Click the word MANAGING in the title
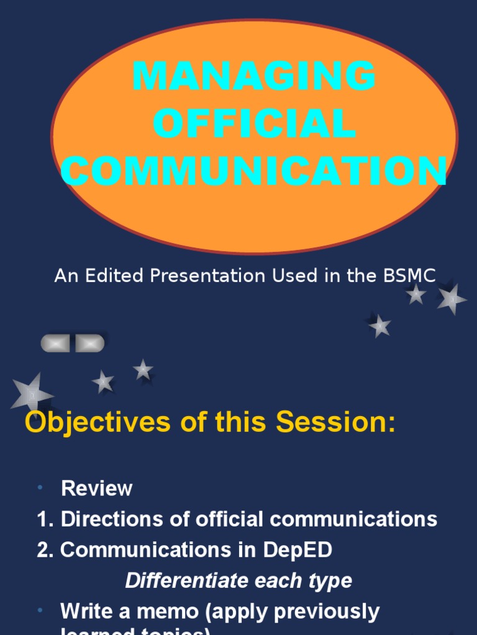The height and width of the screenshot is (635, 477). [x=254, y=77]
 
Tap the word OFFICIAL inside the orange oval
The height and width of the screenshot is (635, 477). [x=255, y=123]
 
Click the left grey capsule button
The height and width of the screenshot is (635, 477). [x=57, y=343]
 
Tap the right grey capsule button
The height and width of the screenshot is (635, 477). [x=89, y=343]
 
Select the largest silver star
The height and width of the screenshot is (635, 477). [x=31, y=393]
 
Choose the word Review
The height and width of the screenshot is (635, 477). [x=97, y=489]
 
